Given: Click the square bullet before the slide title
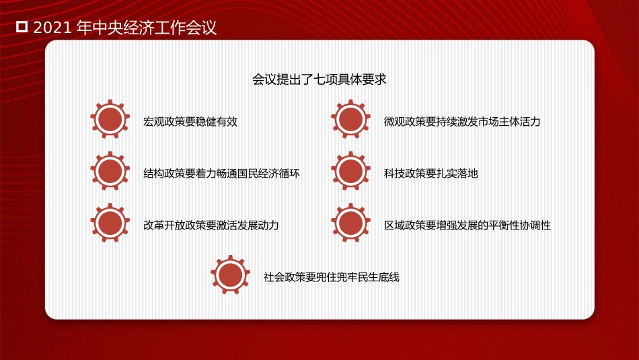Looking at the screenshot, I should tap(22, 28).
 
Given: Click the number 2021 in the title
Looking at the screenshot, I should tap(52, 28).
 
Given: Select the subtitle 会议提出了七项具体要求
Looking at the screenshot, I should tap(319, 79).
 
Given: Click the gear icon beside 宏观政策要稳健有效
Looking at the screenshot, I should tap(110, 120).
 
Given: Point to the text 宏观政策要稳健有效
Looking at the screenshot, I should tap(190, 122).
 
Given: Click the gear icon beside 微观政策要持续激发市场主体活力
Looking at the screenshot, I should tap(350, 120).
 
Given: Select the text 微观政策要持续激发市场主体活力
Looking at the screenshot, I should tap(462, 122).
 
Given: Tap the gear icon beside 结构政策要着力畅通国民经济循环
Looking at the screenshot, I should tap(110, 172).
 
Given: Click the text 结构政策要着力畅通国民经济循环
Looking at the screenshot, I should tap(221, 174).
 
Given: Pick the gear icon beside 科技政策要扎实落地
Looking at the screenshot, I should tap(350, 172).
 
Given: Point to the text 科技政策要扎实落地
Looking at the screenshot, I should tap(431, 174).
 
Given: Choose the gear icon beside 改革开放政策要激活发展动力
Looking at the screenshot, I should tap(110, 223).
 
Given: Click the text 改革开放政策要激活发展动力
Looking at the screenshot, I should tap(211, 225).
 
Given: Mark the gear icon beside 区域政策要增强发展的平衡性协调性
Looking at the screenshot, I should tap(350, 223).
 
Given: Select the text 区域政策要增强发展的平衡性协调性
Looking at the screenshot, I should tap(467, 225).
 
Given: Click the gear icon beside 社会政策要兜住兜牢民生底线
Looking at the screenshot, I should tap(230, 275).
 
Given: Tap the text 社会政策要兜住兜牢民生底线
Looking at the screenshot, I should tap(332, 277).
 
